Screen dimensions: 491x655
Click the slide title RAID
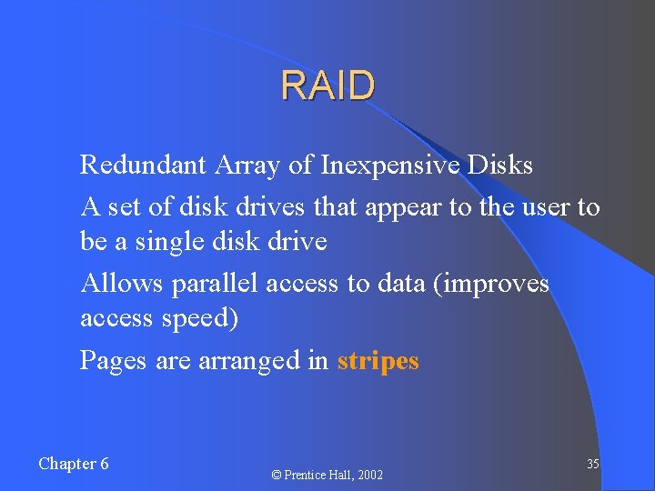coord(327,86)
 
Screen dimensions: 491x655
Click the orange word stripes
coord(378,362)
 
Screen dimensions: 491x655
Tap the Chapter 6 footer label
coord(74,464)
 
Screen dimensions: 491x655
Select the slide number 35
coord(592,464)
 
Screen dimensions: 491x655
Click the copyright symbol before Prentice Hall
coord(277,475)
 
